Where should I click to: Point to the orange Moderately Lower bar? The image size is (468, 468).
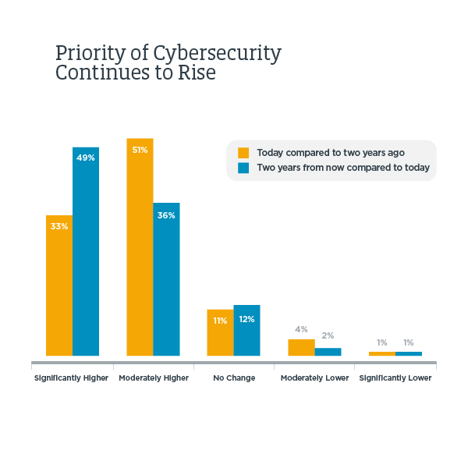coord(301,347)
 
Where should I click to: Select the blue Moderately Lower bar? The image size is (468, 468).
coord(328,352)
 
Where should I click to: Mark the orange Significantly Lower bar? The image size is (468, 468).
coord(381,353)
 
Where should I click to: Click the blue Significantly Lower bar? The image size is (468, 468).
coord(409,353)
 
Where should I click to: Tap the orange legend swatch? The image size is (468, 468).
coord(243,153)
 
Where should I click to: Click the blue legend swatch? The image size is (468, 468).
coord(243,168)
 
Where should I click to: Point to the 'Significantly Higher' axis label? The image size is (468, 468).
coord(71,378)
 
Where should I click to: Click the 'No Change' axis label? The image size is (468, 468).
coord(234,378)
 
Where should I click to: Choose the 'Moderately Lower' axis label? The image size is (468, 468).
coord(314,378)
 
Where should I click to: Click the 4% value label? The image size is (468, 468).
coord(301,329)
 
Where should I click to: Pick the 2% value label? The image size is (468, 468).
coord(328,335)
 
